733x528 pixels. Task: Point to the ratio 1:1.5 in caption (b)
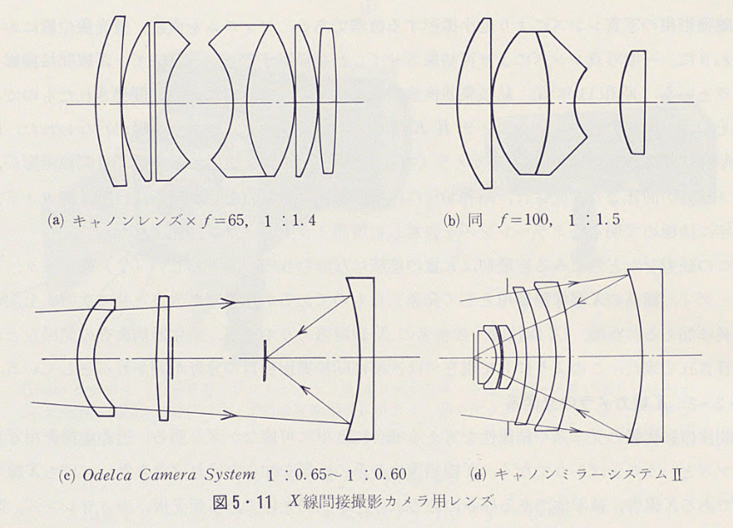coord(591,218)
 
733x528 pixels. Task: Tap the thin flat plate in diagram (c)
coord(163,357)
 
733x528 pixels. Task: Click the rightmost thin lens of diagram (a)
coord(327,102)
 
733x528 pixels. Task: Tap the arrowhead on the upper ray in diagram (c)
coord(230,302)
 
